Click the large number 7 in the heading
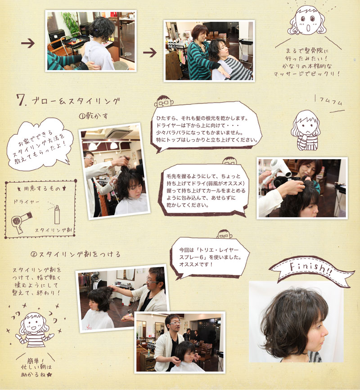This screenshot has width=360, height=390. tap(21, 100)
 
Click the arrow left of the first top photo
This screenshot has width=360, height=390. tap(28, 43)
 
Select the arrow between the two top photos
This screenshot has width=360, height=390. tap(150, 53)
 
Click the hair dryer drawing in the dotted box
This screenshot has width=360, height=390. tap(22, 221)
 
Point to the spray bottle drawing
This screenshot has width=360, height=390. tap(57, 215)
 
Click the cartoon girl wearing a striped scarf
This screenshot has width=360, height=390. tap(306, 130)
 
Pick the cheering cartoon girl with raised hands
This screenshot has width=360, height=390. tap(34, 330)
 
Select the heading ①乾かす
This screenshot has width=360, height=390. tap(93, 116)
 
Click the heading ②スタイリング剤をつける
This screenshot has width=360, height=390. tap(76, 254)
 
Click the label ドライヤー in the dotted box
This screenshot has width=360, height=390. tap(27, 202)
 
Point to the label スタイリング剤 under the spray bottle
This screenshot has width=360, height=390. tap(53, 230)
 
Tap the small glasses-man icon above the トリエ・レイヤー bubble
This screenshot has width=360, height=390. tap(225, 234)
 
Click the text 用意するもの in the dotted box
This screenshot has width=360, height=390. tap(42, 189)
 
